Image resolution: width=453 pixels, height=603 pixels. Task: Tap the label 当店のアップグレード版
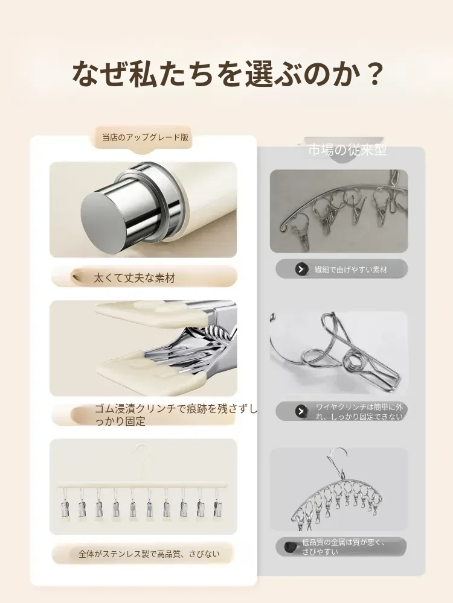[146, 137]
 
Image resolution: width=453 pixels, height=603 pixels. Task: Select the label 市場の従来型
[347, 150]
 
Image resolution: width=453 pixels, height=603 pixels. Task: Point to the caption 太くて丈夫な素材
[134, 277]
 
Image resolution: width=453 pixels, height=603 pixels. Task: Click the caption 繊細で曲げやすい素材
[350, 270]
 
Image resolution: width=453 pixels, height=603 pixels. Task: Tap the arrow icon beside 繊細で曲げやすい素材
[301, 269]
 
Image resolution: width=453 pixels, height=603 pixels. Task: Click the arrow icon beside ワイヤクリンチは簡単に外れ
[301, 411]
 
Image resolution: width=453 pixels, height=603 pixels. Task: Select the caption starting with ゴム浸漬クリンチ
[176, 415]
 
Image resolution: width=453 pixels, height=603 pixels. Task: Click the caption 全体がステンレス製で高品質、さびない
[149, 554]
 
